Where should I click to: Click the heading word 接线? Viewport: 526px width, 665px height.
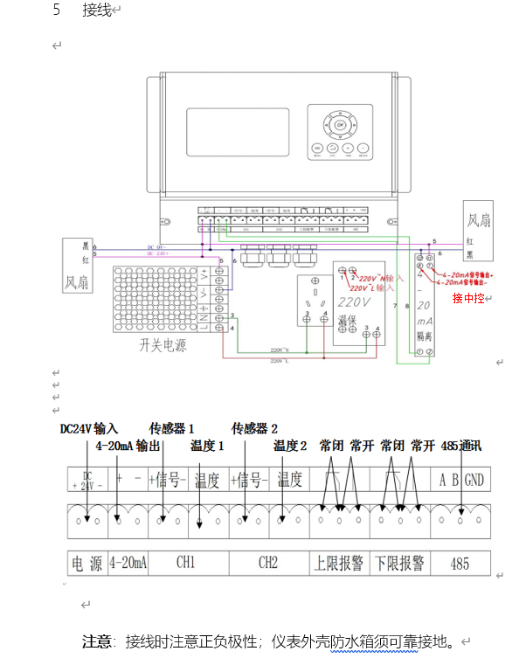coord(96,10)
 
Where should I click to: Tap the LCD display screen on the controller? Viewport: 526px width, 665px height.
coord(237,131)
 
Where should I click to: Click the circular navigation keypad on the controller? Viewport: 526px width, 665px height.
coord(341,125)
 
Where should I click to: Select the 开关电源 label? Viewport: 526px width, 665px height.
coord(163,345)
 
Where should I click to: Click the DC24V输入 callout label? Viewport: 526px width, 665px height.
coord(88,429)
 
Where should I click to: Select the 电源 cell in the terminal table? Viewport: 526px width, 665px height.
coord(87,564)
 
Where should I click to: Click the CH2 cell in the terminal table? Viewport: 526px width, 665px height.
coord(268,564)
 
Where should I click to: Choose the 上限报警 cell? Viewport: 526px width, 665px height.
coord(339,564)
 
